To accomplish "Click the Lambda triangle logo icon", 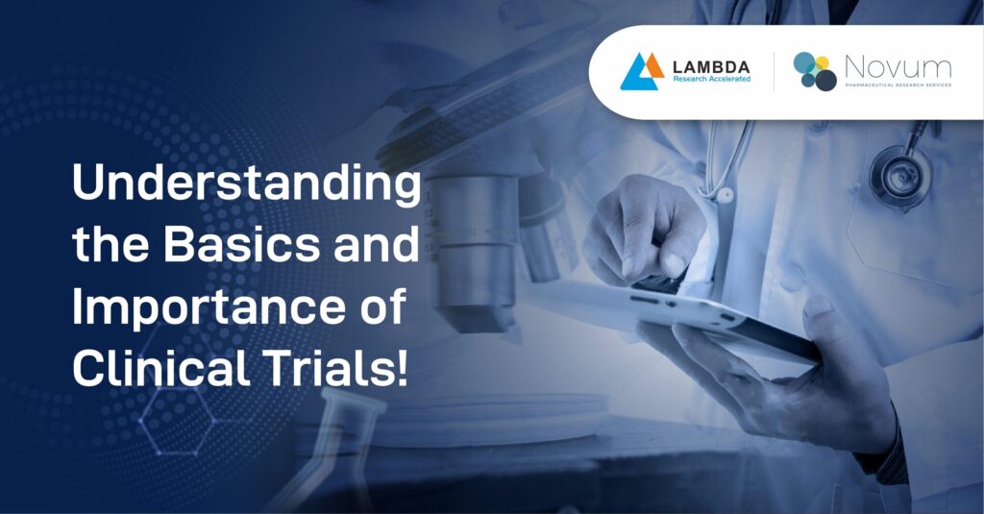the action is (641, 71).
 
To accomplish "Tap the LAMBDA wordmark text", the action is (711, 66).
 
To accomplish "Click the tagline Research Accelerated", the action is (712, 79).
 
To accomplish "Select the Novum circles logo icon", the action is (815, 71).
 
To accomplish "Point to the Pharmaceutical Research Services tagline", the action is (898, 86).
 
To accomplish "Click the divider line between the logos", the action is (774, 71).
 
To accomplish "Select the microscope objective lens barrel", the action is (472, 251).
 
